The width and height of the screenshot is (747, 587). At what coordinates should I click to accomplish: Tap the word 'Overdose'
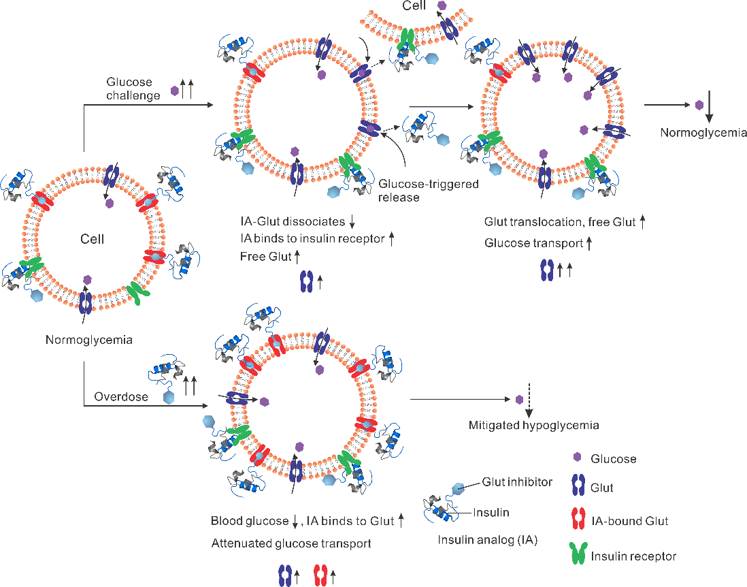[121, 396]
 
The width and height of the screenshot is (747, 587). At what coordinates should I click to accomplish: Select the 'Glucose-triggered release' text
[429, 191]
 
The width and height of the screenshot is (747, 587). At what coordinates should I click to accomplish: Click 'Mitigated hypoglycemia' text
[533, 426]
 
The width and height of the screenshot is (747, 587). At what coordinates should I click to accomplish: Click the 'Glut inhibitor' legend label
[517, 482]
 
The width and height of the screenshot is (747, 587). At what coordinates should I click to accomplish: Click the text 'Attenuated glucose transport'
[290, 543]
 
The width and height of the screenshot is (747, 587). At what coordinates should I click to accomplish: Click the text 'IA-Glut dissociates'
[293, 222]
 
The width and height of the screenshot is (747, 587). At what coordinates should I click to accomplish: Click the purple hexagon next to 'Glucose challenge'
[175, 89]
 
